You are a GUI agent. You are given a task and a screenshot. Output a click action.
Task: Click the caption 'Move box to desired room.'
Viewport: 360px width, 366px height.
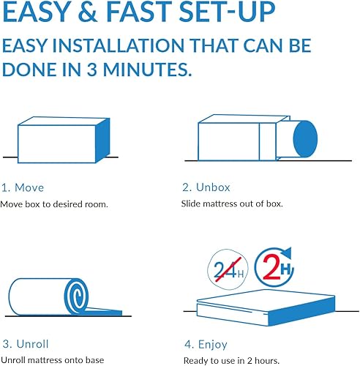pyautogui.click(x=54, y=203)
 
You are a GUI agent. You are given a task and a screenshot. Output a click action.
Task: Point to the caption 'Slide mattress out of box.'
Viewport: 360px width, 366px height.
pyautogui.click(x=231, y=203)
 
